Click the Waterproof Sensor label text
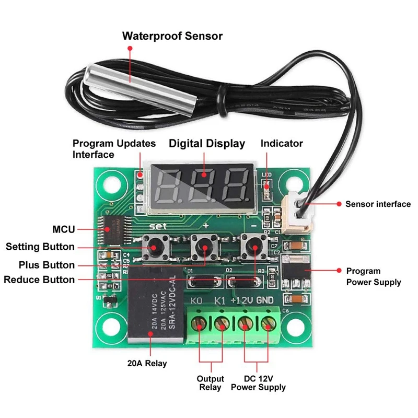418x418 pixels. [x=172, y=36]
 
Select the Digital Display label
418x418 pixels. [x=206, y=143]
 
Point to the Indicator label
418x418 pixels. [x=282, y=143]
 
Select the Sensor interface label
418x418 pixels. [x=378, y=204]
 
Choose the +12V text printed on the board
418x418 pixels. [x=242, y=300]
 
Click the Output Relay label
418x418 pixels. [x=210, y=383]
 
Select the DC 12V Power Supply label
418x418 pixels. [x=258, y=383]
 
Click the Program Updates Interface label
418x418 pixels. [x=114, y=148]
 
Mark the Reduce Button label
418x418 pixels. [x=39, y=280]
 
